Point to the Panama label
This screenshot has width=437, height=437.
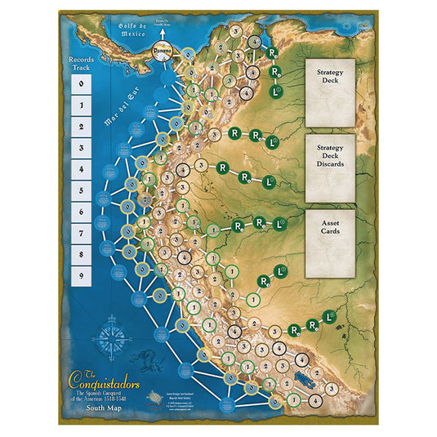pyautogui.click(x=166, y=49)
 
